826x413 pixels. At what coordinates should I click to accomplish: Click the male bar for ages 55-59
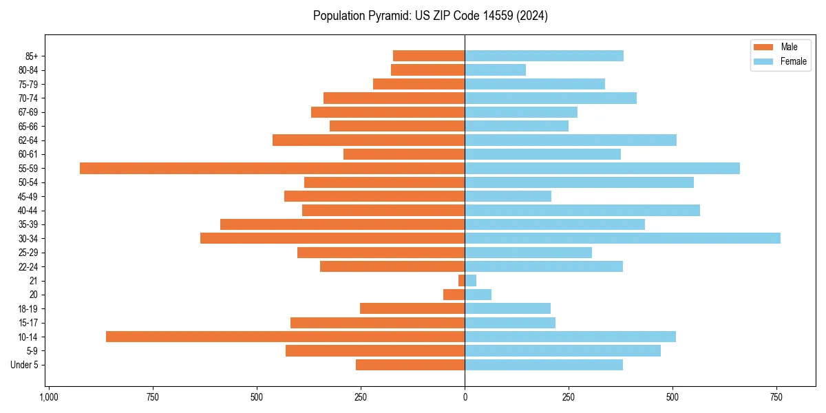(272, 169)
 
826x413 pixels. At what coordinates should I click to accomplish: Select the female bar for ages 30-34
(622, 238)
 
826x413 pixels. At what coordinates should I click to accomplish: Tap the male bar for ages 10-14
(285, 337)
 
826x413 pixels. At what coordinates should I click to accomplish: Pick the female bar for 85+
(544, 56)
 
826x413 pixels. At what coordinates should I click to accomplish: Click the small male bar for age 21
(461, 281)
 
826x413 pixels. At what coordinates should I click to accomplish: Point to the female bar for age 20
(478, 295)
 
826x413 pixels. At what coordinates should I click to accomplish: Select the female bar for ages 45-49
(508, 196)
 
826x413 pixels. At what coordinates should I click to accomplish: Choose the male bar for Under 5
(410, 365)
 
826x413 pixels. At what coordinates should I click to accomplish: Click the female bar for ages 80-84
(495, 70)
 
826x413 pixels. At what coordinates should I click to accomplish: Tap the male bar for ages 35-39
(342, 224)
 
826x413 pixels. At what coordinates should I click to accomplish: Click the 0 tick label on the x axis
(465, 397)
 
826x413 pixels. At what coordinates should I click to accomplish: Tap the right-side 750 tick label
(776, 397)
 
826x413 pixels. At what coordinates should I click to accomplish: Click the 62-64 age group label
(28, 140)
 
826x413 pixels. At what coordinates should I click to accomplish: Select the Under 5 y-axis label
(24, 365)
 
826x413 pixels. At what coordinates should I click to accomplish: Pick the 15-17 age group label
(28, 323)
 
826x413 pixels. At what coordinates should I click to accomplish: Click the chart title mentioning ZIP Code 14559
(430, 16)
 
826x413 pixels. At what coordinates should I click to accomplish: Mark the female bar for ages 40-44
(582, 211)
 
